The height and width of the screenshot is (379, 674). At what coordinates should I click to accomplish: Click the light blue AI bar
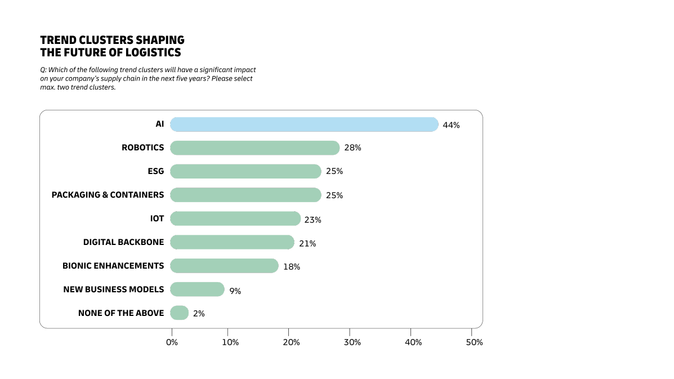point(304,124)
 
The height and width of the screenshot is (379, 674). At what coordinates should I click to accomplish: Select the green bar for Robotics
point(255,148)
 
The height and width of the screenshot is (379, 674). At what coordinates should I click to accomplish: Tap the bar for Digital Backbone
point(232,242)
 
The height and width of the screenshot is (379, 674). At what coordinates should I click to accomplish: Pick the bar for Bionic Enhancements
point(224,266)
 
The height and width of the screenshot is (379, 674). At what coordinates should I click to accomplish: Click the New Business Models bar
point(197,289)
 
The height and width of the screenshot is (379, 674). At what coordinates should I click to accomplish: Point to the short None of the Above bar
point(179,313)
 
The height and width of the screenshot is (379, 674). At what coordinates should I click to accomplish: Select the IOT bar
point(235,219)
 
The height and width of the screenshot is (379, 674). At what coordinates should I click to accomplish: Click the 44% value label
point(451,125)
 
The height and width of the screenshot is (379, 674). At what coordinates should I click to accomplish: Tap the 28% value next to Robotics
point(352,148)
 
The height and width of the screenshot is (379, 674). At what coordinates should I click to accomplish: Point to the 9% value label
point(235,291)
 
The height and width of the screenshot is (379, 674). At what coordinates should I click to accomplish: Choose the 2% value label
point(199,314)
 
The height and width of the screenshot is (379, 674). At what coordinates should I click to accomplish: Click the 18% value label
point(292,267)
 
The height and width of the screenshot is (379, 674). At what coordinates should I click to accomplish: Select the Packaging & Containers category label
point(108,195)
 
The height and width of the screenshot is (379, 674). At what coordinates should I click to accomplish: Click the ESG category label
point(155,171)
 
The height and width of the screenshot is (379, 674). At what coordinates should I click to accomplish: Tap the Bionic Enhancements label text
point(113,266)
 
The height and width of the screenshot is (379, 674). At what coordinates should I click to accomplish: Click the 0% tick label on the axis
point(172,342)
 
